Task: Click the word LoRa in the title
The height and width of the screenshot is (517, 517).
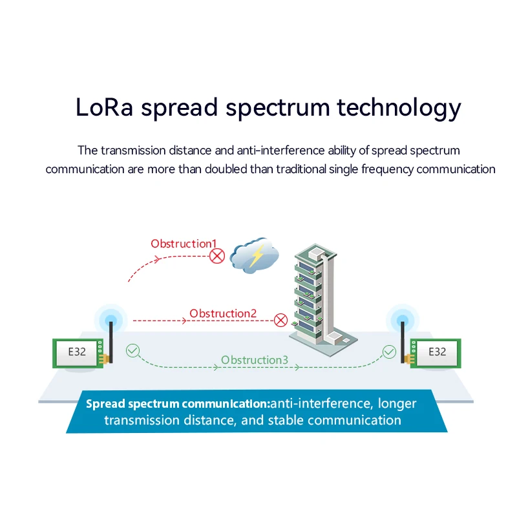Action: tap(104, 107)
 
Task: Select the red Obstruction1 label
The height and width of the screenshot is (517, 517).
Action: tap(184, 244)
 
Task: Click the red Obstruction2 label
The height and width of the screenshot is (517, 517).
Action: tap(223, 313)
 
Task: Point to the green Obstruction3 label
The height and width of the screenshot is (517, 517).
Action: tap(254, 360)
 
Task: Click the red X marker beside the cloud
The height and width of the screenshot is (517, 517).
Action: tap(217, 257)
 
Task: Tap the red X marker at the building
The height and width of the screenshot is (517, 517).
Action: tap(280, 319)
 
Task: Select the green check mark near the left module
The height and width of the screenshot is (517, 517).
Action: tap(132, 351)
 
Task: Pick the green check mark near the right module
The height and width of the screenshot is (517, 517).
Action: tap(389, 352)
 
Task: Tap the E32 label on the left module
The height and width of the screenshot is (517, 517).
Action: tap(77, 352)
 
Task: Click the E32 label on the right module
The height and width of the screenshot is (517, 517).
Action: tap(438, 352)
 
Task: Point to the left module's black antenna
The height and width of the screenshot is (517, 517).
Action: tap(111, 339)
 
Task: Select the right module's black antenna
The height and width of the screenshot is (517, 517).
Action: tap(404, 339)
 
